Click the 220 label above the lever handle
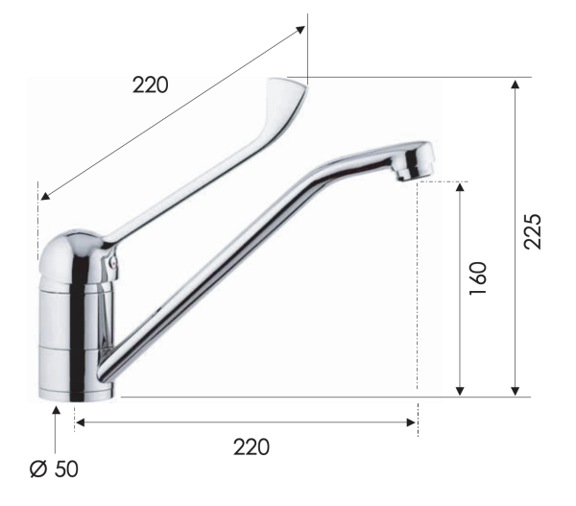pyautogui.click(x=151, y=84)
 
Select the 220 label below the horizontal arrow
pyautogui.click(x=252, y=446)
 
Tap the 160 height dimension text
pyautogui.click(x=480, y=278)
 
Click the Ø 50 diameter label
pyautogui.click(x=54, y=470)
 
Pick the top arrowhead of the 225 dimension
pyautogui.click(x=516, y=84)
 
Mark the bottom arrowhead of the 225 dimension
pyautogui.click(x=516, y=389)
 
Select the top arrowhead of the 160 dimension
pyautogui.click(x=461, y=187)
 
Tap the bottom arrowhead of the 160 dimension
pyautogui.click(x=461, y=389)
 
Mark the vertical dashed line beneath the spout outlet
pyautogui.click(x=418, y=288)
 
